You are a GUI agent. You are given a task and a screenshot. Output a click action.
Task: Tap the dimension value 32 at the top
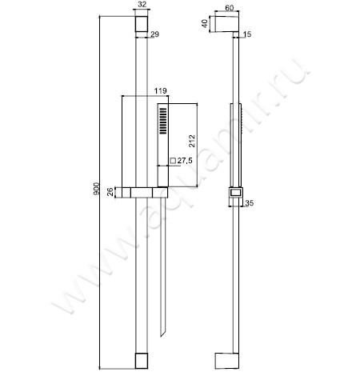(142, 6)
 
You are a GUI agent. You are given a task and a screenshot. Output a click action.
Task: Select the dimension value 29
(155, 34)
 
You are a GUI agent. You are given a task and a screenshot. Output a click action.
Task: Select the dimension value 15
(246, 34)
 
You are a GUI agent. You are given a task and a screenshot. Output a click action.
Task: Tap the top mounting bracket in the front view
(142, 27)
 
